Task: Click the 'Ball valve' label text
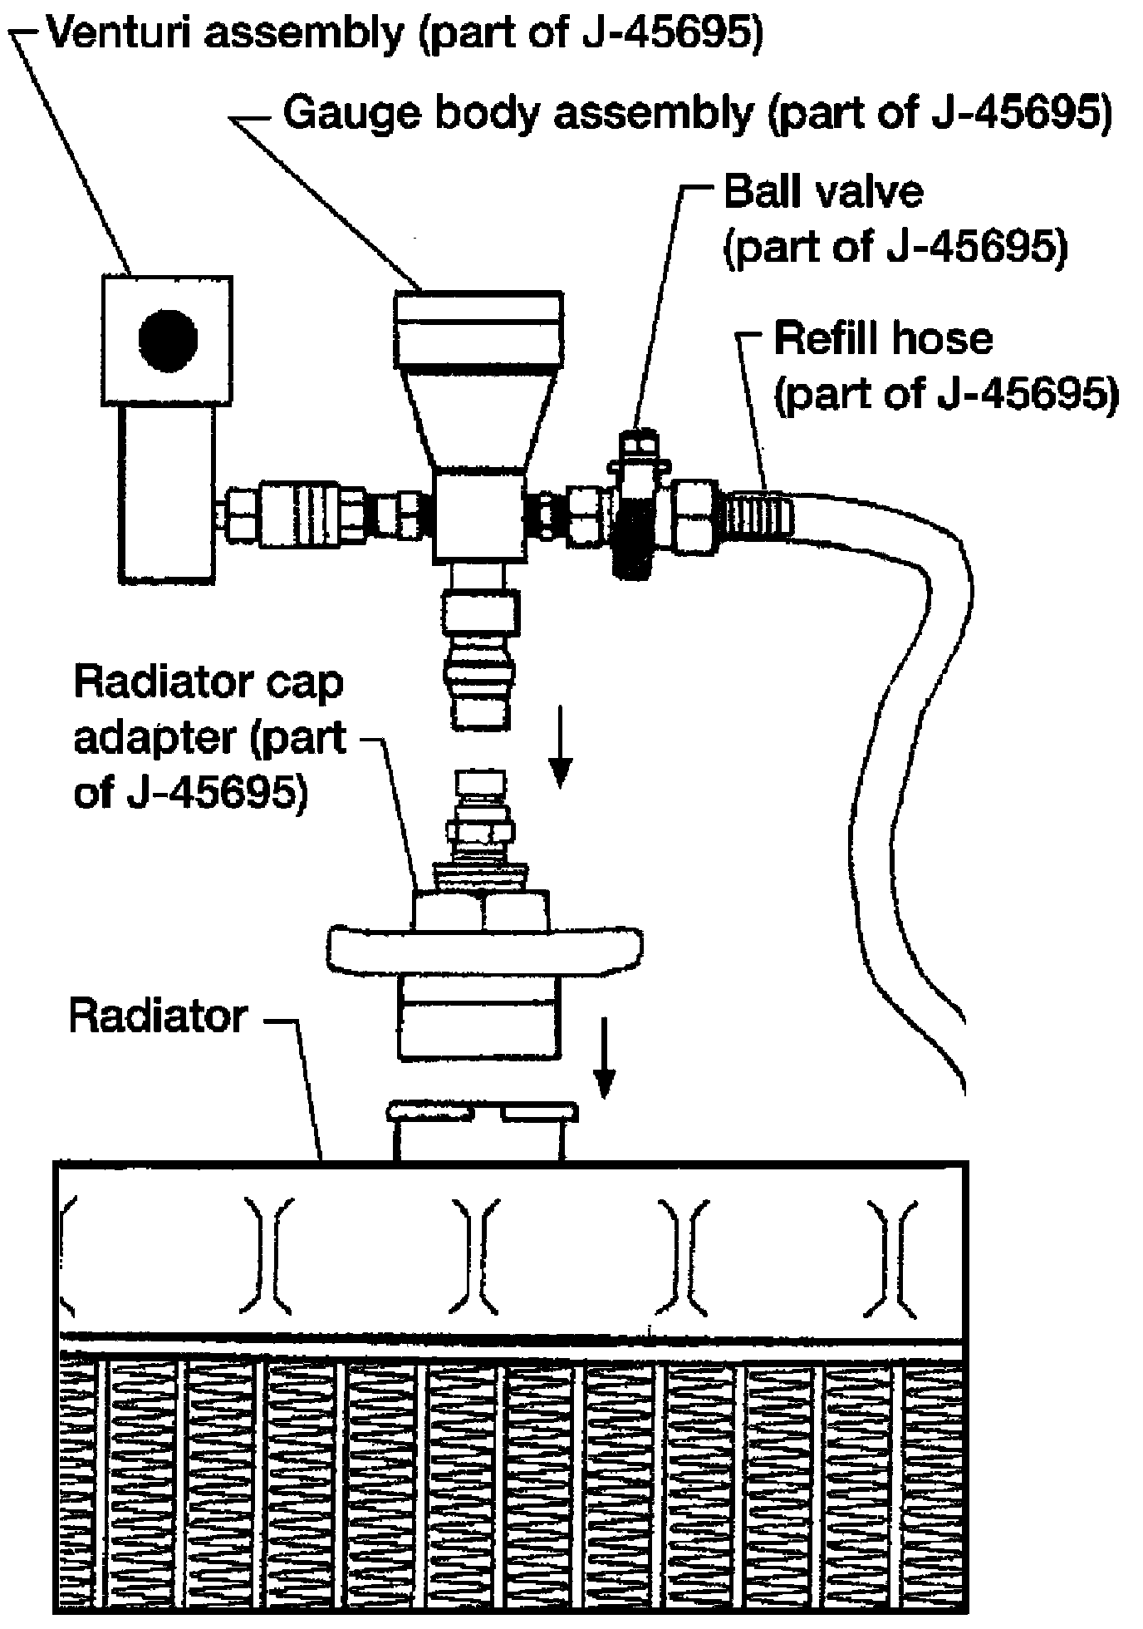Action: pos(823,192)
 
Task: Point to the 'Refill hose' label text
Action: pos(883,339)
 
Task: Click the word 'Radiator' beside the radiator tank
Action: pos(159,1016)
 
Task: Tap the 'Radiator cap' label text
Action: pos(208,683)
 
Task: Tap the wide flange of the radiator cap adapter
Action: pos(484,950)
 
